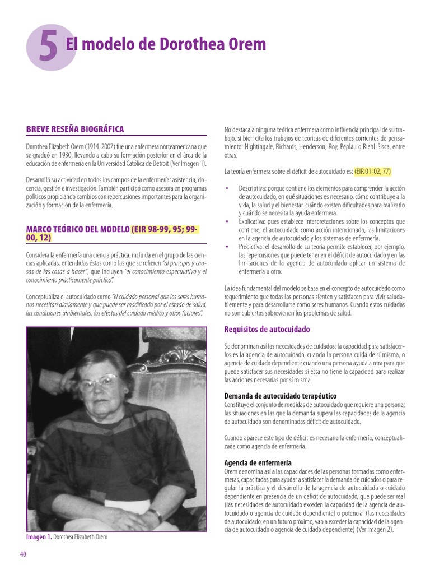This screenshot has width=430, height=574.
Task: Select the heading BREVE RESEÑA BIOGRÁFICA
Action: tap(75, 129)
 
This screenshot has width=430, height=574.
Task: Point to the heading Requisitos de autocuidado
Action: tap(267, 330)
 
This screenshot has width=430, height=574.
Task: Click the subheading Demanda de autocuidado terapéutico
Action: tap(280, 396)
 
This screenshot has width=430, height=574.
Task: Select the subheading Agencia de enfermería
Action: tap(258, 463)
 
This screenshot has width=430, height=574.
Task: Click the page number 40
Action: tap(23, 554)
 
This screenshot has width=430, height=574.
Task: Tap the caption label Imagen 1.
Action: tap(39, 537)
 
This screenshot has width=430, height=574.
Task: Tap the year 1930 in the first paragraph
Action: tap(63, 155)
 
